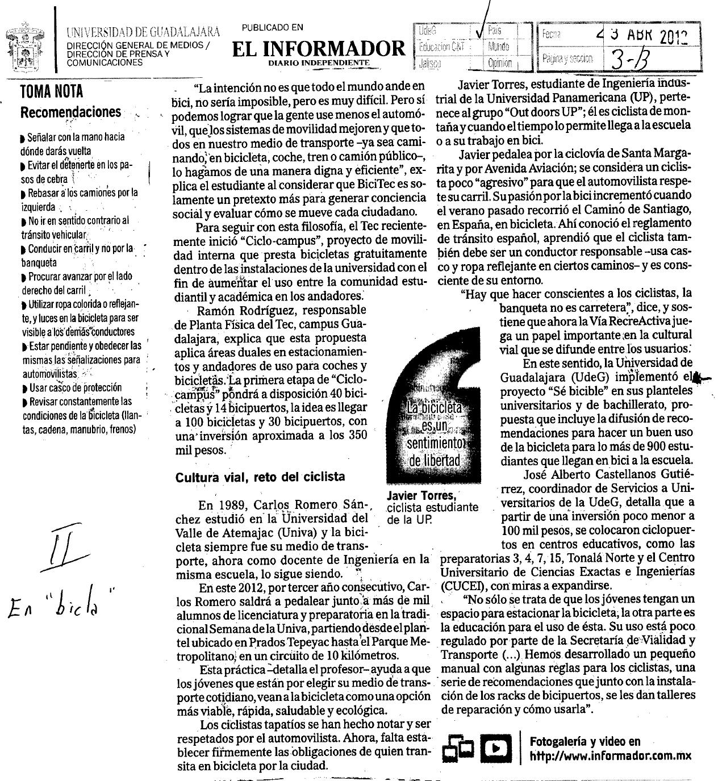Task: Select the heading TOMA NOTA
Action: [51, 91]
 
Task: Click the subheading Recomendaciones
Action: [70, 112]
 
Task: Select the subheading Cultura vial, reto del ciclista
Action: [260, 477]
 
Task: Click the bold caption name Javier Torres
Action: [420, 496]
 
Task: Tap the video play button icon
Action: [496, 749]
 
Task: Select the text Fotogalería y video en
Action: [585, 741]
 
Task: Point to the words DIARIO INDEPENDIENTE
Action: [319, 62]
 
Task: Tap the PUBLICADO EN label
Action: [272, 27]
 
